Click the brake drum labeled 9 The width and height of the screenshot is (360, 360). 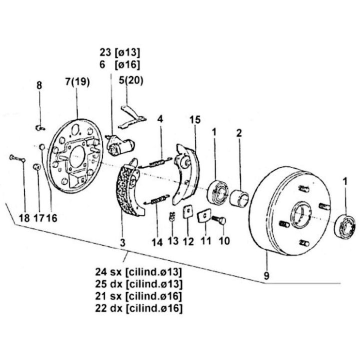(x=290, y=211)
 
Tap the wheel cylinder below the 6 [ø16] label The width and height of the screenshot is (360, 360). (x=119, y=145)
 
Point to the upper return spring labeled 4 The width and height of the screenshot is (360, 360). (x=156, y=162)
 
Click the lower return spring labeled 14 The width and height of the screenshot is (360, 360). (x=156, y=199)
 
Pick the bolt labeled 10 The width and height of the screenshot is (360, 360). (x=218, y=220)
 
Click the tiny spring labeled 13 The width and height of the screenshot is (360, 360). (x=172, y=216)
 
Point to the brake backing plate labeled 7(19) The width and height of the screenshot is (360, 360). (x=75, y=156)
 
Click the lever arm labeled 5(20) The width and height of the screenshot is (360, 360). (x=132, y=117)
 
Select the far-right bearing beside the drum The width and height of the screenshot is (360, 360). (x=345, y=226)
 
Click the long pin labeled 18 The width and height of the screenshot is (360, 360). (x=17, y=158)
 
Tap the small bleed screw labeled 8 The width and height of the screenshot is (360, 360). (x=40, y=128)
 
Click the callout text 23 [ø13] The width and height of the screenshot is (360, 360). (x=119, y=52)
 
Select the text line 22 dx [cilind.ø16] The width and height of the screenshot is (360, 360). (x=138, y=308)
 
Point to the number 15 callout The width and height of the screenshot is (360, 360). (x=195, y=119)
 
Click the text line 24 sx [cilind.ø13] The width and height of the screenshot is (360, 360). (x=138, y=272)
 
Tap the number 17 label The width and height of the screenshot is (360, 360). (x=38, y=217)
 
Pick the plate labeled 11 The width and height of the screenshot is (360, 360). (x=204, y=215)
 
